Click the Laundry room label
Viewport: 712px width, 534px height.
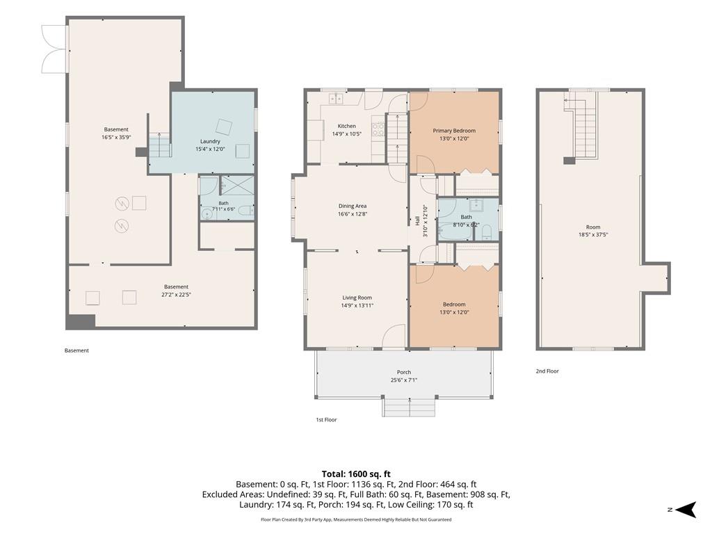coord(210,141)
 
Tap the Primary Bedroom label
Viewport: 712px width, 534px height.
coord(454,131)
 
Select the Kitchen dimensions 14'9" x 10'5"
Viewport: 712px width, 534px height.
coord(346,134)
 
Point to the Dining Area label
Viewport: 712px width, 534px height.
coord(353,206)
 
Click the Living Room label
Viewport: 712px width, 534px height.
coord(357,298)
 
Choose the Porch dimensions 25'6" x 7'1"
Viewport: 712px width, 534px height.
coord(404,380)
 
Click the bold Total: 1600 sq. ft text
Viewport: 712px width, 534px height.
coord(356,474)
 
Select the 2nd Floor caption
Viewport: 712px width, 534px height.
coord(547,371)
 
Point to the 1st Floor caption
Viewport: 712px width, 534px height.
coord(327,419)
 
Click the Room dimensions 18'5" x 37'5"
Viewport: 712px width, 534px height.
coord(593,235)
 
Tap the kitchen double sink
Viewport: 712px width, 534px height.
coord(337,98)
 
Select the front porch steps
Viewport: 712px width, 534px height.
coord(409,407)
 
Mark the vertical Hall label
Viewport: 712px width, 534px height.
coord(417,221)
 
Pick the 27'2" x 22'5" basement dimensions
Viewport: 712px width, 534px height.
coord(176,294)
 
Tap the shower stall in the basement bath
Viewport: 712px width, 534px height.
coord(236,185)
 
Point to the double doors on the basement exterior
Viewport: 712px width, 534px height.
coord(54,49)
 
